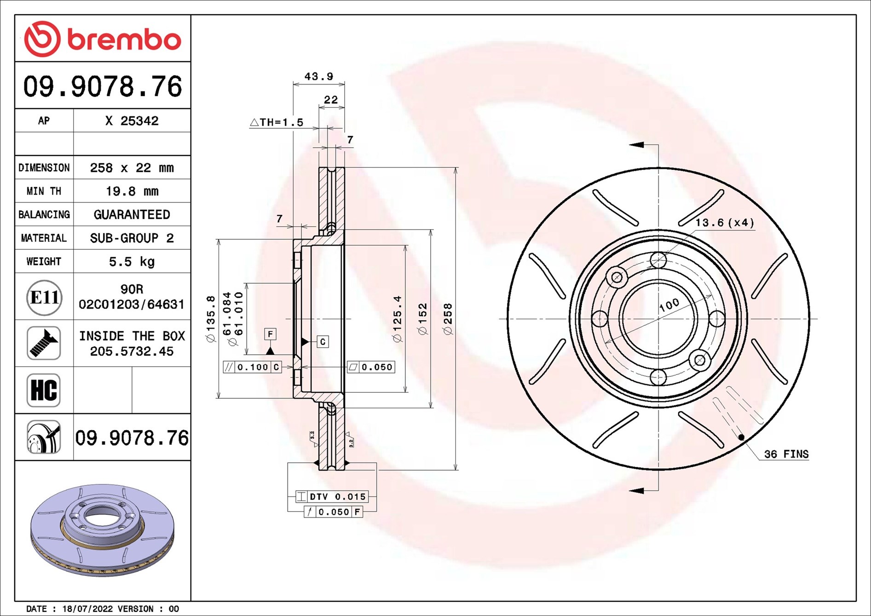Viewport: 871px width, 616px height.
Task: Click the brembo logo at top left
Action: (103, 39)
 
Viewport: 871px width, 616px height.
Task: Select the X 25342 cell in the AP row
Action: (132, 121)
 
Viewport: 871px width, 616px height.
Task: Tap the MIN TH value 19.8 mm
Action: (132, 191)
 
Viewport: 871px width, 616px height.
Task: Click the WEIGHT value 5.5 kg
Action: (132, 261)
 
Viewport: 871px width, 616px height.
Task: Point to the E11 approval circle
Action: (44, 297)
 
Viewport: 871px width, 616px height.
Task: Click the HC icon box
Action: (44, 390)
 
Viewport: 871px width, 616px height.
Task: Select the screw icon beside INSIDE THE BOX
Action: (44, 343)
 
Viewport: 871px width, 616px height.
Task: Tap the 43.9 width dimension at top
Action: (318, 76)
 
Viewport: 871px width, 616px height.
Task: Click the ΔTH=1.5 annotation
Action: (277, 122)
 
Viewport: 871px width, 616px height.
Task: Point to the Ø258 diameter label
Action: (448, 318)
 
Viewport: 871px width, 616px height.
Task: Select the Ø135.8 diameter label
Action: (211, 318)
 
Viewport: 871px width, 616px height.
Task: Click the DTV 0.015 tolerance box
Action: (332, 496)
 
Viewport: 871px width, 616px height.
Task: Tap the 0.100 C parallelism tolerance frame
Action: (253, 367)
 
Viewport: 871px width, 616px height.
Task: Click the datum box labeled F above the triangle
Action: (270, 334)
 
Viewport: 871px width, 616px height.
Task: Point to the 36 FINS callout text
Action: (786, 454)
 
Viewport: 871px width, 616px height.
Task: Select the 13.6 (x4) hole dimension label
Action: (725, 223)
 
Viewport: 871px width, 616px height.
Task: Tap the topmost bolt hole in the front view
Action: (658, 260)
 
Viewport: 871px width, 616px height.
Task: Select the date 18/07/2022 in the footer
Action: (87, 609)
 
